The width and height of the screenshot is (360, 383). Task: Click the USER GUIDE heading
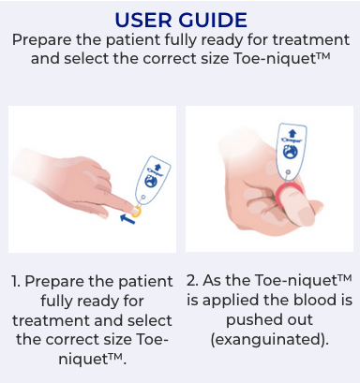[181, 20]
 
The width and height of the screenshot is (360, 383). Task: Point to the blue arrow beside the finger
[127, 218]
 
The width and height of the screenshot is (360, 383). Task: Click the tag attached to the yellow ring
[153, 179]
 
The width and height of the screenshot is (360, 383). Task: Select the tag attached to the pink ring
[292, 151]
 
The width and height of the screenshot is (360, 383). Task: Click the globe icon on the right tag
[291, 152]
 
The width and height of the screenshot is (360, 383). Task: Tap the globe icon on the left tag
[151, 181]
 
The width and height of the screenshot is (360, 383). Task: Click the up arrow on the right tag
[292, 133]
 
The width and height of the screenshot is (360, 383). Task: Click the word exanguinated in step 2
[270, 339]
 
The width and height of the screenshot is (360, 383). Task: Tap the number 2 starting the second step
[192, 280]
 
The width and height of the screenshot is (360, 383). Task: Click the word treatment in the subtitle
[310, 40]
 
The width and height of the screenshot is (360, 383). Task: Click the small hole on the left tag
[142, 198]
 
